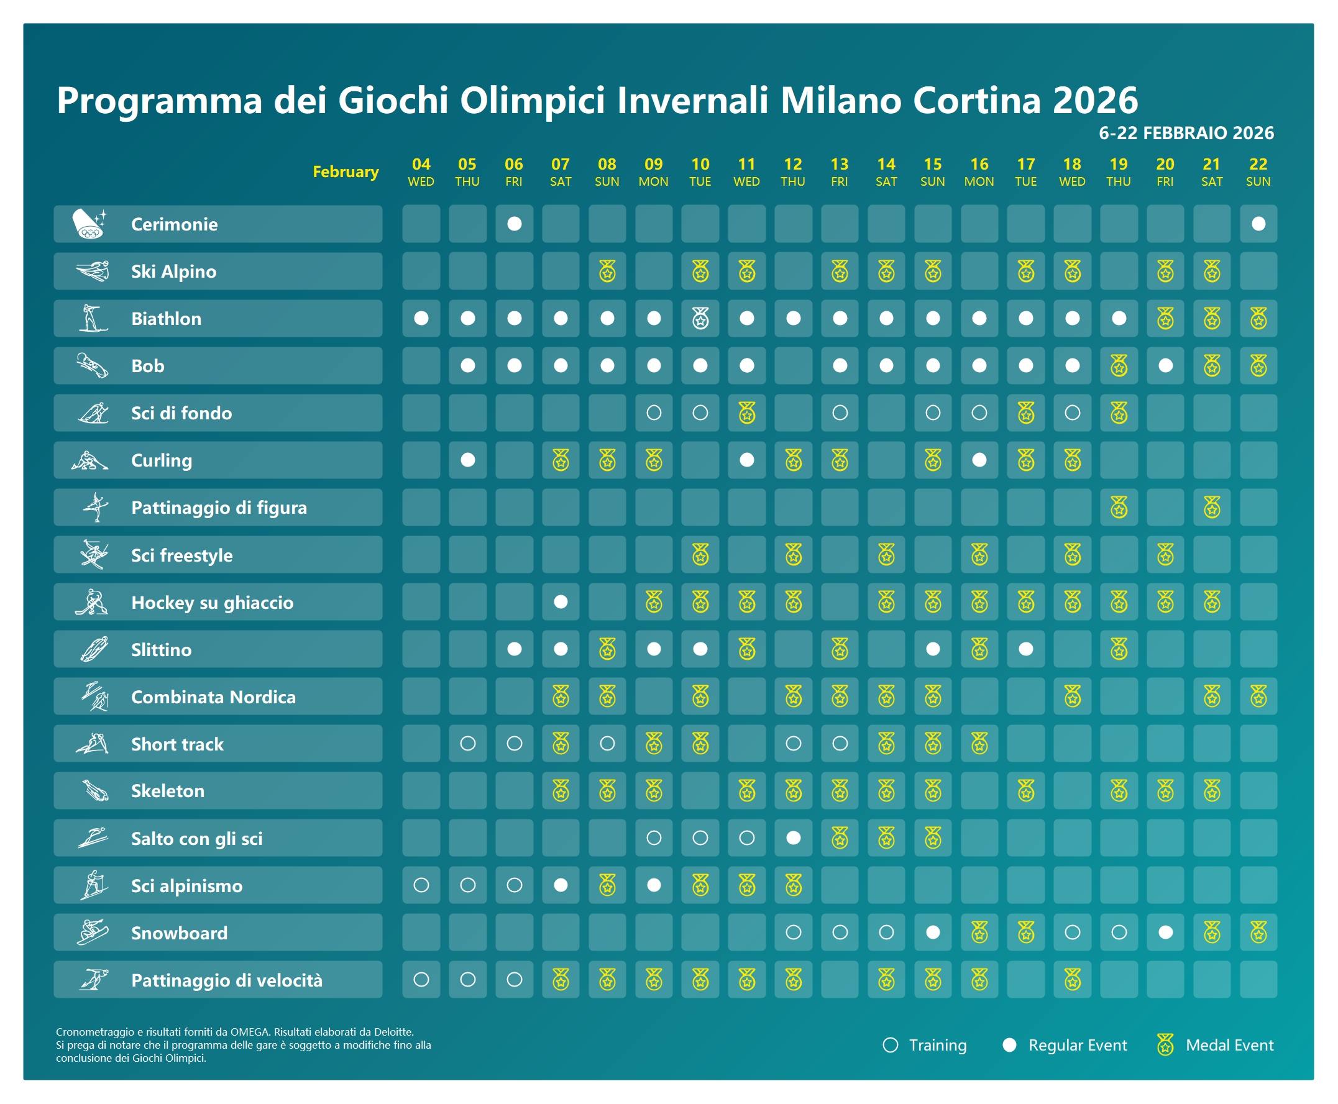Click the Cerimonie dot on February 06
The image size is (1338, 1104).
click(514, 224)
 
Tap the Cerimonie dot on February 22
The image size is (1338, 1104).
click(1258, 224)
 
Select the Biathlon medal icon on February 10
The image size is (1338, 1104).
click(700, 318)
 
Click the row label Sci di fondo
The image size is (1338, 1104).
click(181, 413)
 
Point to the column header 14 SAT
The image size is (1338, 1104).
click(886, 171)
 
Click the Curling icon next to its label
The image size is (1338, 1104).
click(90, 460)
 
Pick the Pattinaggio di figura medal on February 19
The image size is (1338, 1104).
click(1119, 508)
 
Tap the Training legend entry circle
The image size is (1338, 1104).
click(891, 1045)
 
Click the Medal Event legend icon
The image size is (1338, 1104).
click(1165, 1045)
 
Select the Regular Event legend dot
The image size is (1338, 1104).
click(1009, 1045)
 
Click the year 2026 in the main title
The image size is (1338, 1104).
click(1094, 100)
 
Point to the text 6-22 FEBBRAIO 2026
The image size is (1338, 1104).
click(1186, 133)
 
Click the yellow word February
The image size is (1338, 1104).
click(346, 171)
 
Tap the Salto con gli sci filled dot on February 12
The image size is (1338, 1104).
click(793, 838)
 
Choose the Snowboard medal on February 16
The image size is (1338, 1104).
click(979, 933)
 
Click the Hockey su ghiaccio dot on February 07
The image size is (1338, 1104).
click(561, 601)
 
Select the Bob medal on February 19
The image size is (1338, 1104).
click(1119, 366)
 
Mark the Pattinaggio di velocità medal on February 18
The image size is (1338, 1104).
click(1072, 980)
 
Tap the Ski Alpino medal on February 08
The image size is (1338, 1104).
click(607, 272)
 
